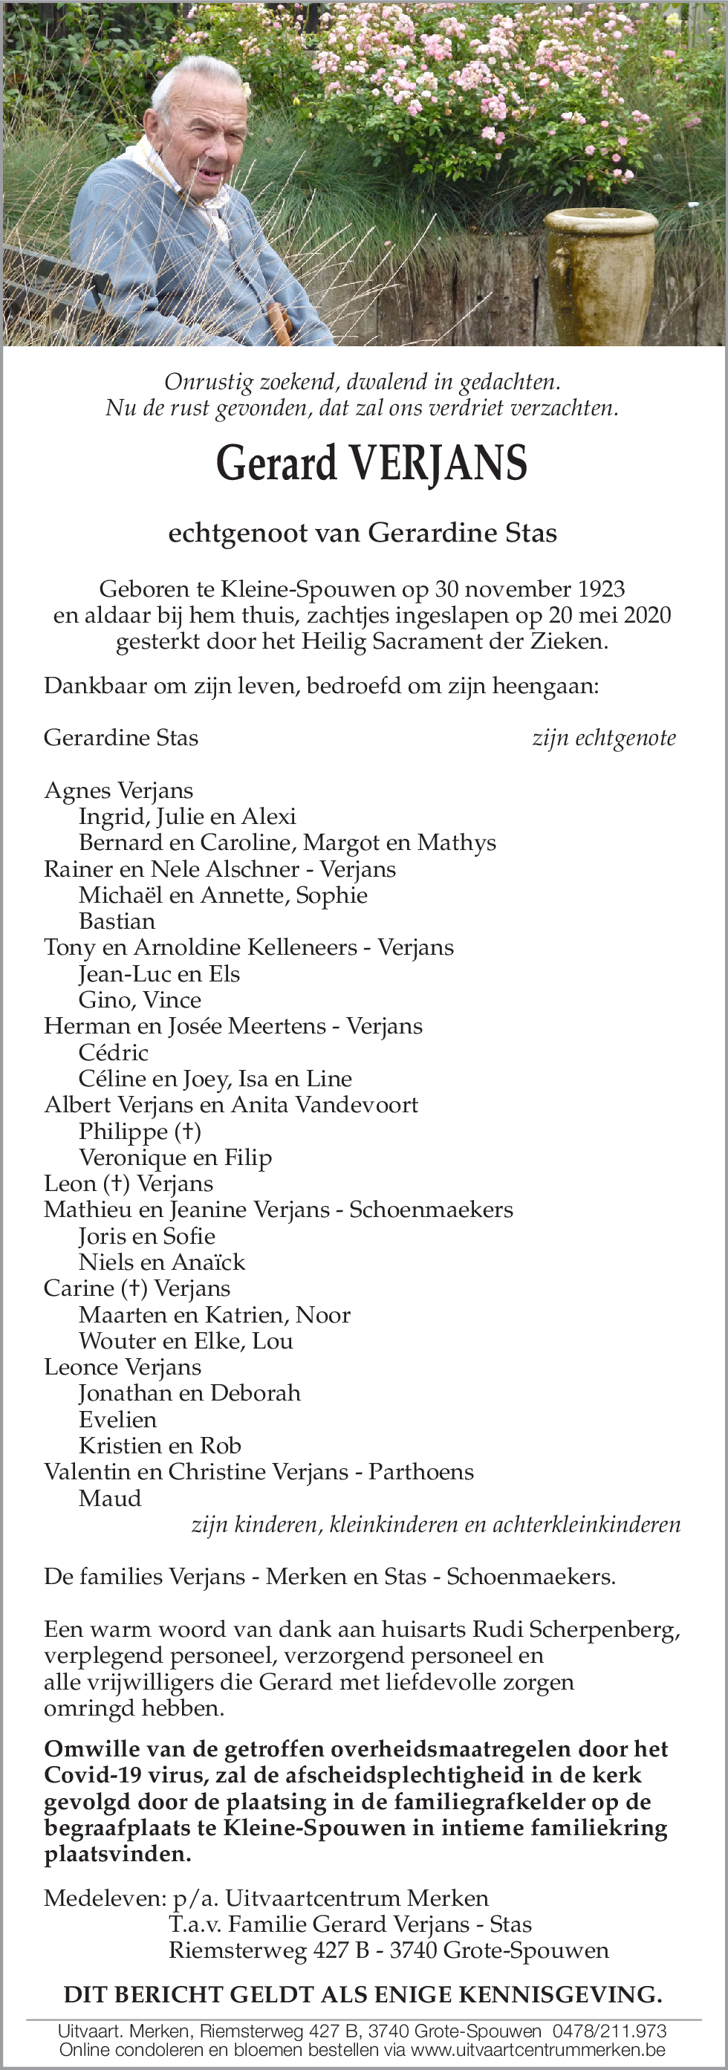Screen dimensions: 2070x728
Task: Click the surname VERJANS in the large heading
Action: point(438,464)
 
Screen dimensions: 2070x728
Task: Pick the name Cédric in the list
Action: point(114,1052)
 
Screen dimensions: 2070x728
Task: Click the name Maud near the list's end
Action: point(110,1498)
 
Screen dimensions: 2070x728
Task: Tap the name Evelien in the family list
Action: point(117,1419)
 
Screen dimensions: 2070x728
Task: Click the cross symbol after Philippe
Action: point(187,1132)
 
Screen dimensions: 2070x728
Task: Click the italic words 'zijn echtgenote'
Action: point(603,738)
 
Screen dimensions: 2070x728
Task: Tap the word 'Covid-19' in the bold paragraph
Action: point(89,1775)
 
